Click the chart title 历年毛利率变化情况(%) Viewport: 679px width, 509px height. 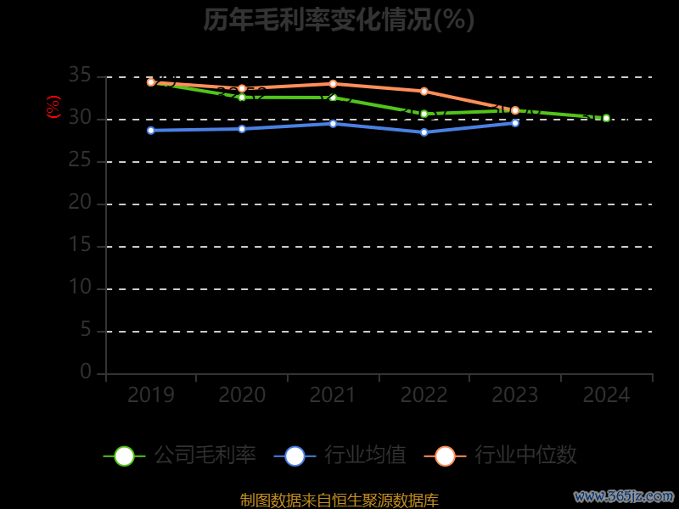(x=339, y=20)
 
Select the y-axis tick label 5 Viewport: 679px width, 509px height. (x=85, y=330)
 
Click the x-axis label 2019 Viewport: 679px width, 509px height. (x=151, y=394)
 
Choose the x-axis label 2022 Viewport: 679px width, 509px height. (x=424, y=394)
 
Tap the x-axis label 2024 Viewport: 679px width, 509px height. (x=606, y=394)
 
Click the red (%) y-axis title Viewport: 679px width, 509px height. (x=53, y=107)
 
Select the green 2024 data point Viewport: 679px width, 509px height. (x=606, y=118)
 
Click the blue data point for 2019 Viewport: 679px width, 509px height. (x=151, y=131)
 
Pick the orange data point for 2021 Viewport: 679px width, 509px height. (x=333, y=83)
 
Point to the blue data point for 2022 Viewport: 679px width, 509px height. (x=424, y=132)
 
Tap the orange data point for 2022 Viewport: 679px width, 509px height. (x=424, y=91)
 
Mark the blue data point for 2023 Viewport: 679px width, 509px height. (x=515, y=123)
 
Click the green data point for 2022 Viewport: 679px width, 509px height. (x=424, y=114)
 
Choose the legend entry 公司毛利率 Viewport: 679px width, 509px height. (x=180, y=456)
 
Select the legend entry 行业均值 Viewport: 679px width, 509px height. (x=340, y=456)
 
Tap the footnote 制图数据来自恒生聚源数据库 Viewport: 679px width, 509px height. (x=339, y=501)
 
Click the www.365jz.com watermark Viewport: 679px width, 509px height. (x=624, y=495)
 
